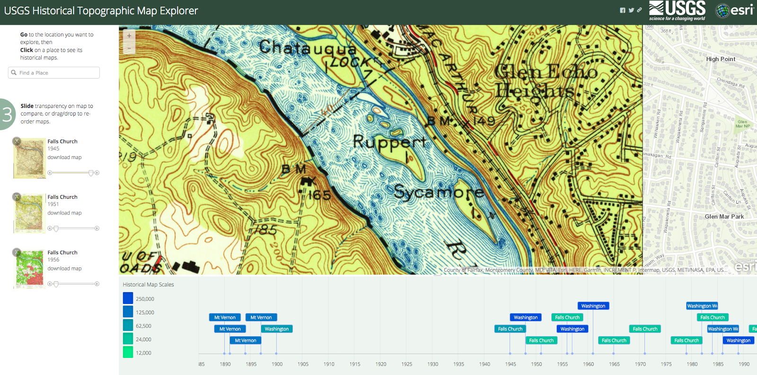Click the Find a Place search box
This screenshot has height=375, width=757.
[54, 72]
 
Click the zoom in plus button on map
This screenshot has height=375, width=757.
[129, 36]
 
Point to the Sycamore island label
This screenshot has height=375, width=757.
[439, 192]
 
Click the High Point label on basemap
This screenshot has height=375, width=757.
[721, 59]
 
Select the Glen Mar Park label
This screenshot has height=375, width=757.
[724, 216]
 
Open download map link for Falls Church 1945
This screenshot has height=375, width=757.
[64, 157]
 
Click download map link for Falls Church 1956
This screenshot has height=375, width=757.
[64, 268]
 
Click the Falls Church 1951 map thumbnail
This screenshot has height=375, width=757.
[29, 213]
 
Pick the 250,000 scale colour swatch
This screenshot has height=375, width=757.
[128, 298]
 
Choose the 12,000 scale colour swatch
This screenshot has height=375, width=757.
[128, 352]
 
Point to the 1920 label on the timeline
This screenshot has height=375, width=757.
[381, 364]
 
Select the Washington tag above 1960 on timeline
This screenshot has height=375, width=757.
[593, 306]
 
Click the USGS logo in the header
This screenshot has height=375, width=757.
[677, 11]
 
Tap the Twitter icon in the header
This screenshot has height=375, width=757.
[631, 10]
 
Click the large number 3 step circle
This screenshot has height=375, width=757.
[8, 114]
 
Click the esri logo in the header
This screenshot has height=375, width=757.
[734, 10]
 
